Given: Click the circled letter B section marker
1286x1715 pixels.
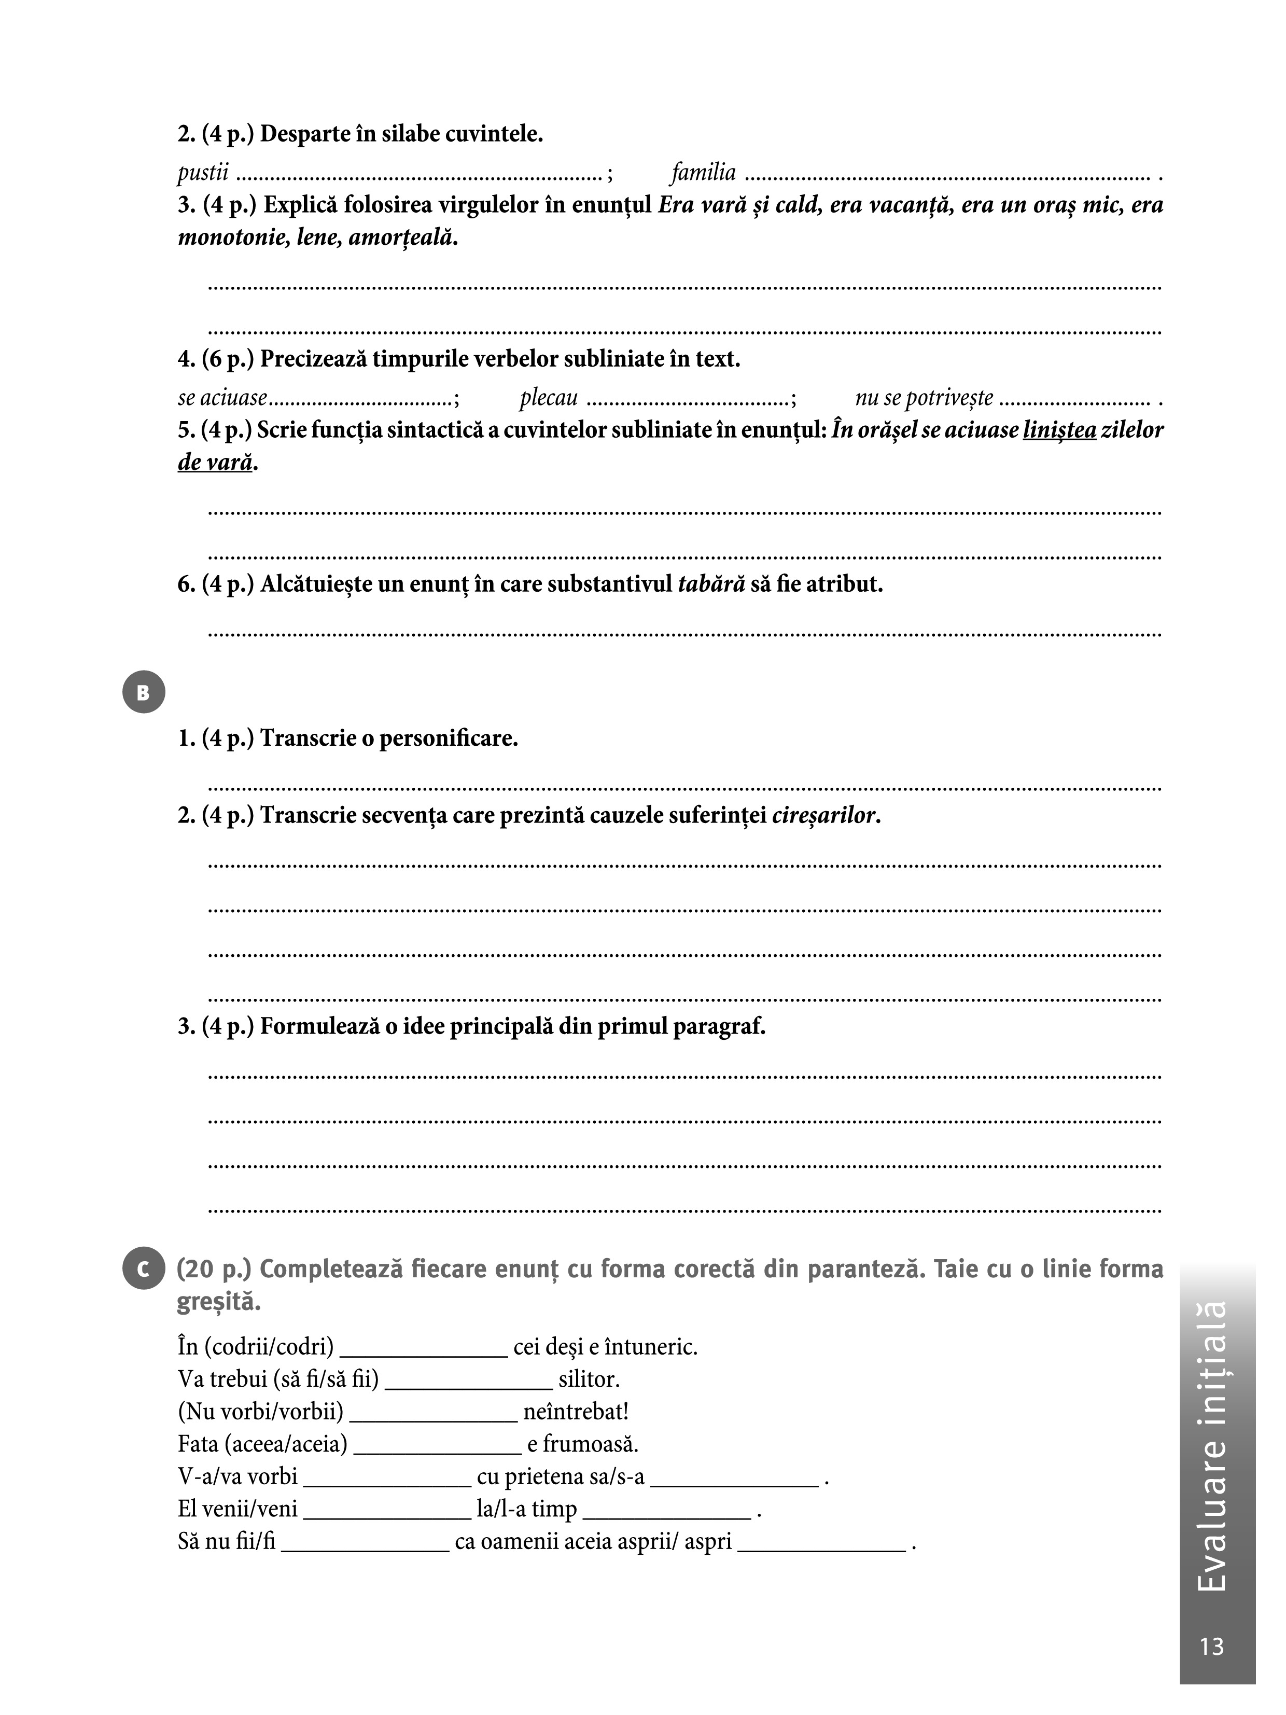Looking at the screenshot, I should pos(144,692).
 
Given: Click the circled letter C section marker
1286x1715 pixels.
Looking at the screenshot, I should pos(144,1269).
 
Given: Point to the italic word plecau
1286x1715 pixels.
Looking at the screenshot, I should pos(549,398).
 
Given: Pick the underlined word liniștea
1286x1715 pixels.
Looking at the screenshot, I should pos(1059,430).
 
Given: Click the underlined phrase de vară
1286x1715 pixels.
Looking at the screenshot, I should pos(216,463).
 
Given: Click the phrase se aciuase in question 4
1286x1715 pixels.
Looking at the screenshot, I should pos(222,398).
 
